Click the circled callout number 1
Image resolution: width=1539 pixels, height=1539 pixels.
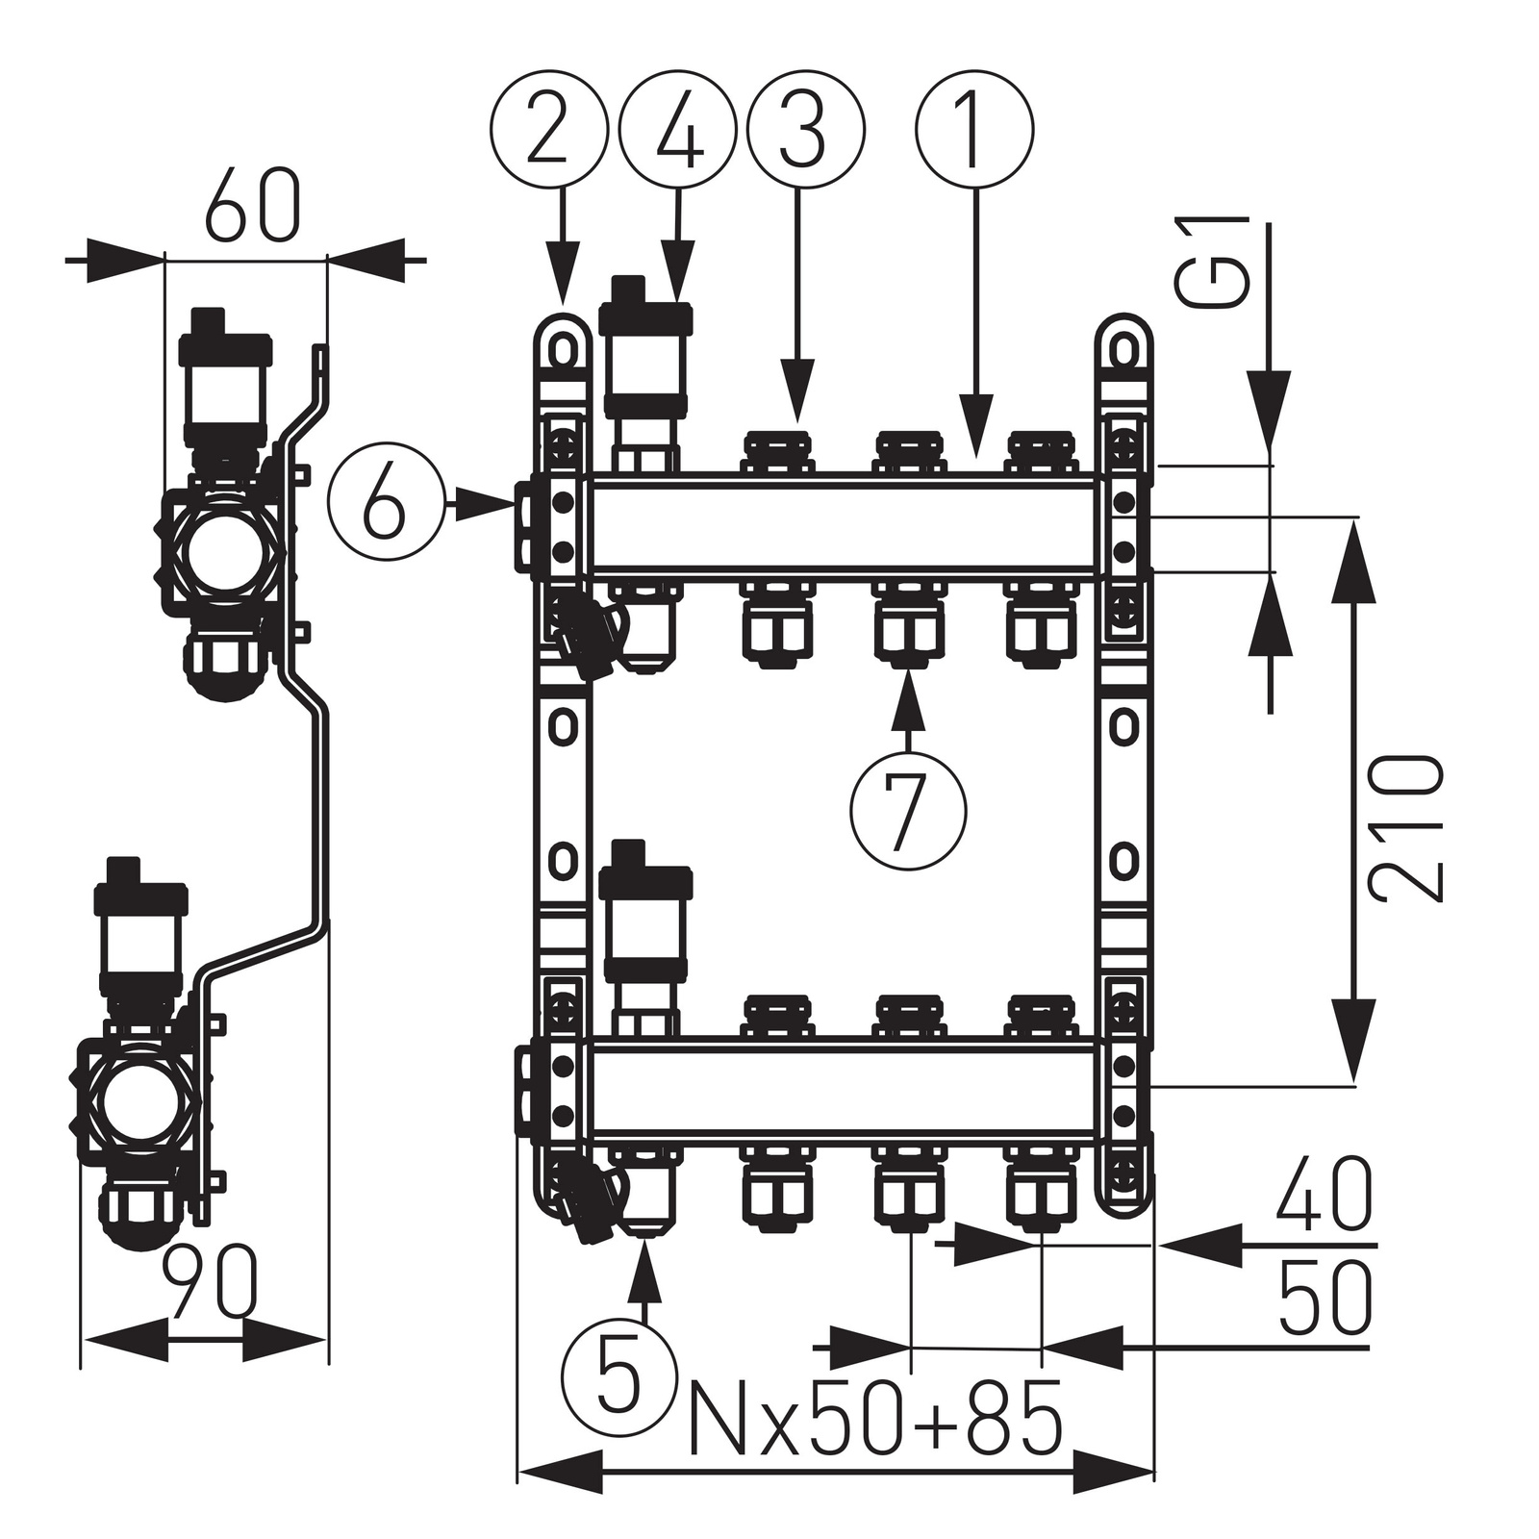974,128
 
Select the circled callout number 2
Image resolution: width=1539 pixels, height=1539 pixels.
549,128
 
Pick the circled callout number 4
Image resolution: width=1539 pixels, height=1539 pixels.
678,128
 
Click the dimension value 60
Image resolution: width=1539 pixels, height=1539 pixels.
252,207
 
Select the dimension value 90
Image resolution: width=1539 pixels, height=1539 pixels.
210,1282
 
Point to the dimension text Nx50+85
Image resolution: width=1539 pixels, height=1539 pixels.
874,1418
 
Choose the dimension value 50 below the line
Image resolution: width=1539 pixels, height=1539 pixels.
1325,1295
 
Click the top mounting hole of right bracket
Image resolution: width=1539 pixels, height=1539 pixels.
1123,346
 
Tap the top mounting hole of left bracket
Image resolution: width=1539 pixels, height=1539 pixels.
562,346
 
